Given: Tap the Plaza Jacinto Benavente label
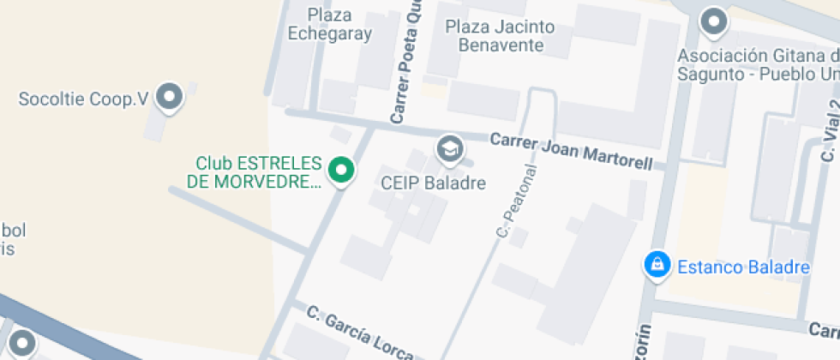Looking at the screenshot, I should click(500, 35).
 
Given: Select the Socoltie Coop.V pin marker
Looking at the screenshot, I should click(171, 97).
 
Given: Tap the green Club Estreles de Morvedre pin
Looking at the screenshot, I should click(342, 170).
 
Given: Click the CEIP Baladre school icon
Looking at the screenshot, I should click(447, 148).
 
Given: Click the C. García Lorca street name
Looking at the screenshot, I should click(360, 332).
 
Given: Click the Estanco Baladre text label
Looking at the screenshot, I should click(743, 267).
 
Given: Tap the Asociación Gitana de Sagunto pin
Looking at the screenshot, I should click(713, 21).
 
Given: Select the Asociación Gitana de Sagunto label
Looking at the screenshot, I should click(759, 64).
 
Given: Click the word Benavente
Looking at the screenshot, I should click(500, 45).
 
